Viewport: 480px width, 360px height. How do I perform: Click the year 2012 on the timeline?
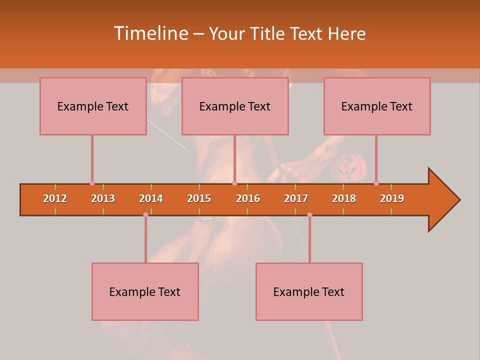tap(55, 198)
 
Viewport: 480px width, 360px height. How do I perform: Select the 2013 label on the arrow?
tap(103, 198)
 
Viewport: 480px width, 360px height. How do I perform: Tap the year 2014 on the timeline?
tap(151, 198)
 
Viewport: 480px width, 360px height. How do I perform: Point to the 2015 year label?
tap(199, 198)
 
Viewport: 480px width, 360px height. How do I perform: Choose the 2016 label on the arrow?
tap(248, 198)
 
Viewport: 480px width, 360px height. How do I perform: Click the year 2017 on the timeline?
tap(296, 198)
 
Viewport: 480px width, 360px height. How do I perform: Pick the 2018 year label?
tap(344, 198)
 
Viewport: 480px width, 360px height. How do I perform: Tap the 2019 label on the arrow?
tap(392, 198)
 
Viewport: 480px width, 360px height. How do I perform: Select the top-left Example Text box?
tap(93, 106)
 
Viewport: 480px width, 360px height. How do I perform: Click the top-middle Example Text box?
tap(235, 106)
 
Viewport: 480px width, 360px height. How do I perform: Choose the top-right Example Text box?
tap(377, 106)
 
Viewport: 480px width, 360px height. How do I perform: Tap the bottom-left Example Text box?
tap(145, 291)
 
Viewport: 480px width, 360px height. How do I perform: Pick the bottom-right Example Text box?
tap(309, 291)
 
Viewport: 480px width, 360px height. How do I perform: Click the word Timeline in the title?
tap(150, 33)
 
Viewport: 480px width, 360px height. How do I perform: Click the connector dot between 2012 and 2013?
tap(92, 183)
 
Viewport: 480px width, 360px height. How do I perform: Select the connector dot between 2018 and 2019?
tap(376, 183)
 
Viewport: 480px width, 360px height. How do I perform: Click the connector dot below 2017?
tap(309, 214)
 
